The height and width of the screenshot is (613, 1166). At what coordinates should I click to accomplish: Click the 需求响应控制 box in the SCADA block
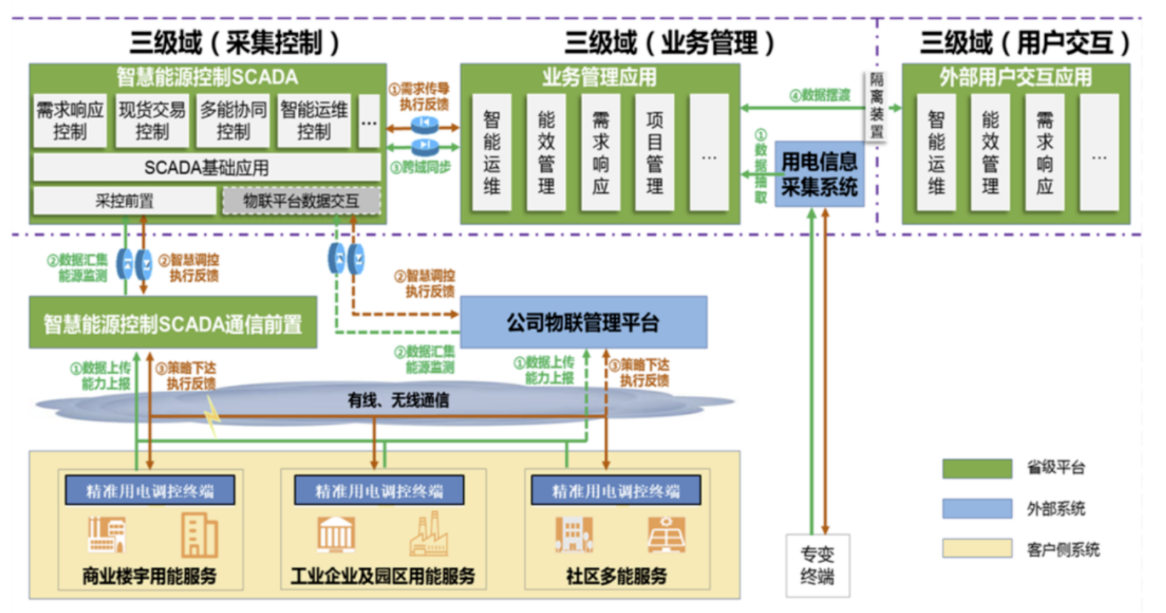pyautogui.click(x=70, y=121)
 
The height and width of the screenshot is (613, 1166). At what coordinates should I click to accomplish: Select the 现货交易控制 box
pyautogui.click(x=152, y=121)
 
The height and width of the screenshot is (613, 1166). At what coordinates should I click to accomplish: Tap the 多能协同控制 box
pyautogui.click(x=233, y=121)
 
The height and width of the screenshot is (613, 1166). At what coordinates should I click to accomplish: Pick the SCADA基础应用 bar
pyautogui.click(x=207, y=168)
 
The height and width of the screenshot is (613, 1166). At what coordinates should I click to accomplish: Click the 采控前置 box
pyautogui.click(x=124, y=201)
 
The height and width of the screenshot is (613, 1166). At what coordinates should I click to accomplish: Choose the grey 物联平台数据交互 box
pyautogui.click(x=301, y=201)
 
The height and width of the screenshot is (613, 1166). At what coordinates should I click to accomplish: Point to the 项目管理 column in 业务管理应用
pyautogui.click(x=655, y=153)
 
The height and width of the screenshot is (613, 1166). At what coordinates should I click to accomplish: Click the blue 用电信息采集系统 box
pyautogui.click(x=819, y=174)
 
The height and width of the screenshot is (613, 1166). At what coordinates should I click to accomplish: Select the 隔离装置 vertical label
pyautogui.click(x=876, y=106)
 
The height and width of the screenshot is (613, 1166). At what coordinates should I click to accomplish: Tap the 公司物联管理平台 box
pyautogui.click(x=583, y=322)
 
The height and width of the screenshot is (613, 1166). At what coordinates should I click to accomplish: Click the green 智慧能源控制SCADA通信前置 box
pyautogui.click(x=173, y=323)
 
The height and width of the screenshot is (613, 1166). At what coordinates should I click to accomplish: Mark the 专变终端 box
pyautogui.click(x=818, y=565)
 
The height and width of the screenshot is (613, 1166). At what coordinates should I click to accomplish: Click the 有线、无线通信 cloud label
pyautogui.click(x=398, y=400)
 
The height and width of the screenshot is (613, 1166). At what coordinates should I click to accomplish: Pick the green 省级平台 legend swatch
pyautogui.click(x=977, y=468)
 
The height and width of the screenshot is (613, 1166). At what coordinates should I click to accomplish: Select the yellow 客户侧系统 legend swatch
pyautogui.click(x=977, y=549)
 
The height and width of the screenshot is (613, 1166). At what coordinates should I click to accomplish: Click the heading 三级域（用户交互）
pyautogui.click(x=1024, y=43)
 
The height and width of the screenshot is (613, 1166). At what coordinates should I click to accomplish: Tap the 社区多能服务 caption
pyautogui.click(x=616, y=575)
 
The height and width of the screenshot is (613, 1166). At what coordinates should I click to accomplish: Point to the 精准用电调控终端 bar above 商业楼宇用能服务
pyautogui.click(x=150, y=491)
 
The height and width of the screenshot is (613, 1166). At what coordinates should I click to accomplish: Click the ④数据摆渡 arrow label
pyautogui.click(x=820, y=95)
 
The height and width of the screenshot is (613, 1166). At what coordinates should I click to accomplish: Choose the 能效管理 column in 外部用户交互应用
pyautogui.click(x=990, y=153)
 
